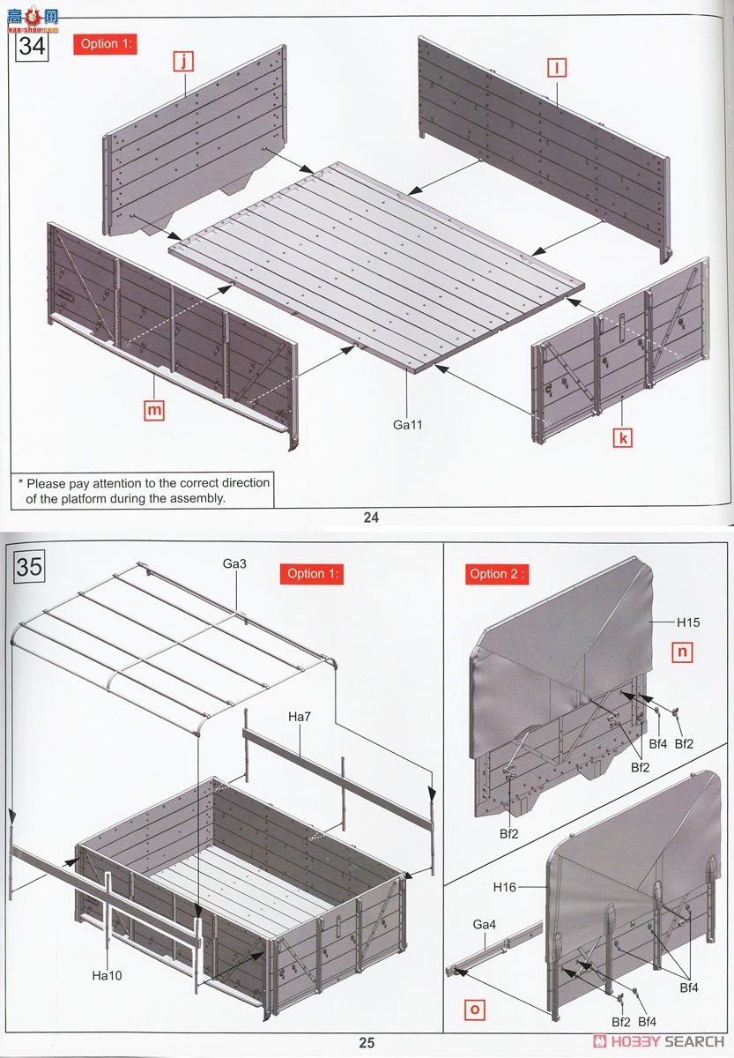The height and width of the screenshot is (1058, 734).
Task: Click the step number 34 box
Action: tap(32, 44)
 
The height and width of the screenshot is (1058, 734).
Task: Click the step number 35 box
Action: tap(29, 565)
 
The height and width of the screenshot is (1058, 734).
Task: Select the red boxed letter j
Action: tap(183, 62)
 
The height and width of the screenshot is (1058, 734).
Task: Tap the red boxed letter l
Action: tap(556, 67)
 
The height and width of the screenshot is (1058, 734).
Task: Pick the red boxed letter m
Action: tap(154, 409)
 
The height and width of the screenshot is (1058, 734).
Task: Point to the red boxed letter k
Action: tap(622, 436)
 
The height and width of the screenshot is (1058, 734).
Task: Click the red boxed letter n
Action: tap(681, 652)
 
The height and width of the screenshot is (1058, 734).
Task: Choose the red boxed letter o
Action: tap(473, 1009)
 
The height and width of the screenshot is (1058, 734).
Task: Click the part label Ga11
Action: tap(408, 425)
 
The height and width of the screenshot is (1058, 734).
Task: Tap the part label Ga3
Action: tap(237, 563)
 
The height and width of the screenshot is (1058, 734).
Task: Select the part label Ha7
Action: tap(300, 716)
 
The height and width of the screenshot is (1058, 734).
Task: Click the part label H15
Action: tap(687, 622)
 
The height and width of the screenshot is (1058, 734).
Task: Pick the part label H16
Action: tap(505, 888)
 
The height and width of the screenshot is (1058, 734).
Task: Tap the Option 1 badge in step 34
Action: tap(108, 43)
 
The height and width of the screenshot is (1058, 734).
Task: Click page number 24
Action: tap(371, 518)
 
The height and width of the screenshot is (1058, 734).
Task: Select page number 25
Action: tap(367, 1042)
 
